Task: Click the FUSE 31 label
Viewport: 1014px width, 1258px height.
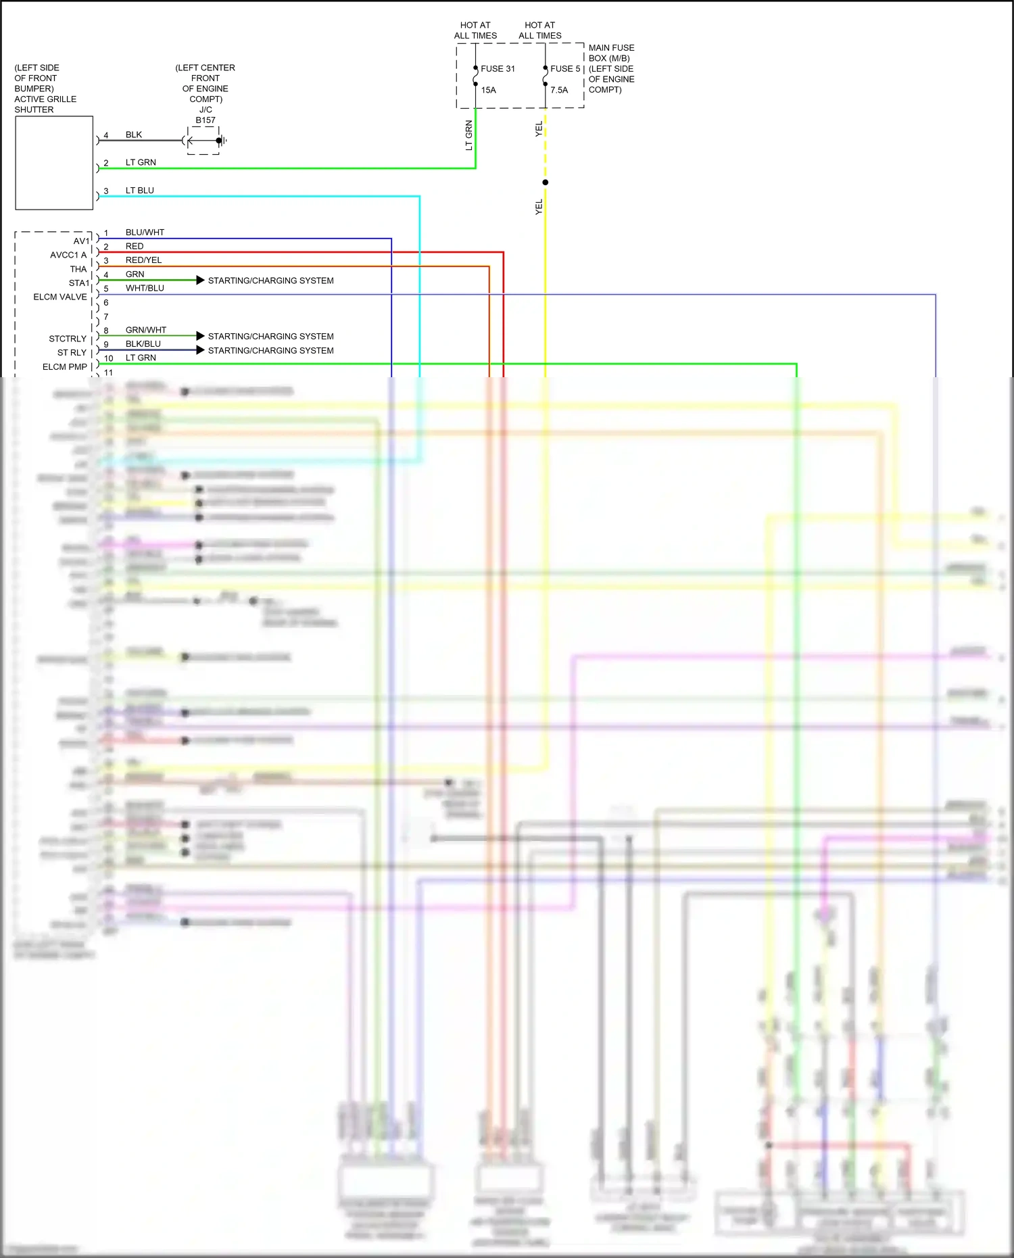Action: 498,69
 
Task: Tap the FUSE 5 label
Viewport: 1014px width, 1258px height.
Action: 565,69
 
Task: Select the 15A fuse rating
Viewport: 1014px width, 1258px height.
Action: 488,90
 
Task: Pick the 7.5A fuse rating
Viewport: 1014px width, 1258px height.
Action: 559,90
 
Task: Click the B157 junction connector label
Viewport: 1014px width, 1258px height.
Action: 206,120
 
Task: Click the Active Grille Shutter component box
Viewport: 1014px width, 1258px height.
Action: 54,163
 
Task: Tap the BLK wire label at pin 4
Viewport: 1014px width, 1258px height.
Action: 134,135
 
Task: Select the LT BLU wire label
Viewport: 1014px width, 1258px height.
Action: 140,191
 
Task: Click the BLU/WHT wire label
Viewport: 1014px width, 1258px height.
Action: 145,233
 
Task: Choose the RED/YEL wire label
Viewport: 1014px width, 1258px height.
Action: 143,260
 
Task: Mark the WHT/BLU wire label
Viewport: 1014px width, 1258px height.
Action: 145,288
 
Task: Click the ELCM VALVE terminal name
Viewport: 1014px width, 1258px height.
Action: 60,297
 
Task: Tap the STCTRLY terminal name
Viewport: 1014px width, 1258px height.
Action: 68,339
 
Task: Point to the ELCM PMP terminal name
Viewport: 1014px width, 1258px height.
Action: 65,367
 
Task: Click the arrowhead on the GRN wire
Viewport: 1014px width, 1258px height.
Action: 200,280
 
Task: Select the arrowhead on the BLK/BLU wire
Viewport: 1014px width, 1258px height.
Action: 200,350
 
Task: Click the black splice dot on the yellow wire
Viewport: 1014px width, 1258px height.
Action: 546,183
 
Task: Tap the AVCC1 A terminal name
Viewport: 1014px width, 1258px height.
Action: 68,255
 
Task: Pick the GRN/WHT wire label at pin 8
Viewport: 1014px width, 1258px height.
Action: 146,330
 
